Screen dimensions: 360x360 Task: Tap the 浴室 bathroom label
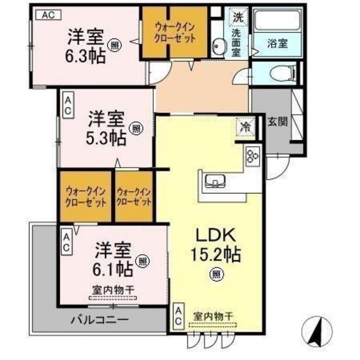[278, 44]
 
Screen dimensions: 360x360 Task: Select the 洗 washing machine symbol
[238, 16]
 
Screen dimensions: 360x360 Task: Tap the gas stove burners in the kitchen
[251, 156]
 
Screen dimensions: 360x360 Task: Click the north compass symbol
[316, 330]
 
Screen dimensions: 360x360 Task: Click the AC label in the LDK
[178, 317]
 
